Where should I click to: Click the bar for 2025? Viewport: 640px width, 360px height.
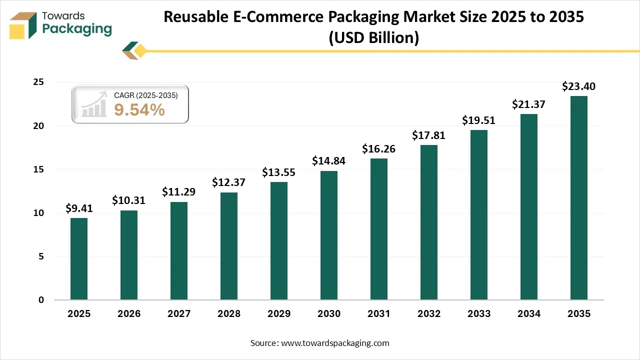[x=79, y=259]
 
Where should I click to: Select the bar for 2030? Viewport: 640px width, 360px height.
[x=329, y=235]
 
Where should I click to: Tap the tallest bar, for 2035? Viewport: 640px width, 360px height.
[x=579, y=198]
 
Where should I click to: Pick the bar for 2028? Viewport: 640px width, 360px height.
[x=229, y=246]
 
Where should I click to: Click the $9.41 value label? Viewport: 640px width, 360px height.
[x=79, y=208]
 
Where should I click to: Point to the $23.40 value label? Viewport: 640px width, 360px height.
[x=579, y=86]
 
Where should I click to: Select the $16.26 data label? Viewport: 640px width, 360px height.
[x=379, y=149]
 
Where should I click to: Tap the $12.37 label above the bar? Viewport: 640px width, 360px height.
[x=229, y=182]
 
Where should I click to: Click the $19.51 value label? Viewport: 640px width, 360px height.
[x=479, y=120]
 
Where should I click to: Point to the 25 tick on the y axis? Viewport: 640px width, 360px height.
[x=38, y=82]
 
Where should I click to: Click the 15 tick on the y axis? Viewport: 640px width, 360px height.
[x=38, y=169]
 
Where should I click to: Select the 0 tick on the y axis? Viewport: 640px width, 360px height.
[x=41, y=300]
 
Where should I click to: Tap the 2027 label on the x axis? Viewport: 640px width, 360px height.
[x=179, y=314]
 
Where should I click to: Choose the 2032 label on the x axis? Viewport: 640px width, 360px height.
[x=429, y=314]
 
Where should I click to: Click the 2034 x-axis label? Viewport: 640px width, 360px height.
[x=529, y=314]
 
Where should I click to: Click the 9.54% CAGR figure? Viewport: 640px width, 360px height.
[x=139, y=110]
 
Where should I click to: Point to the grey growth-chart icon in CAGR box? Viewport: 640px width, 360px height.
[x=94, y=104]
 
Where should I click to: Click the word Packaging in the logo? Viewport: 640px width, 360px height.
[x=77, y=29]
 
